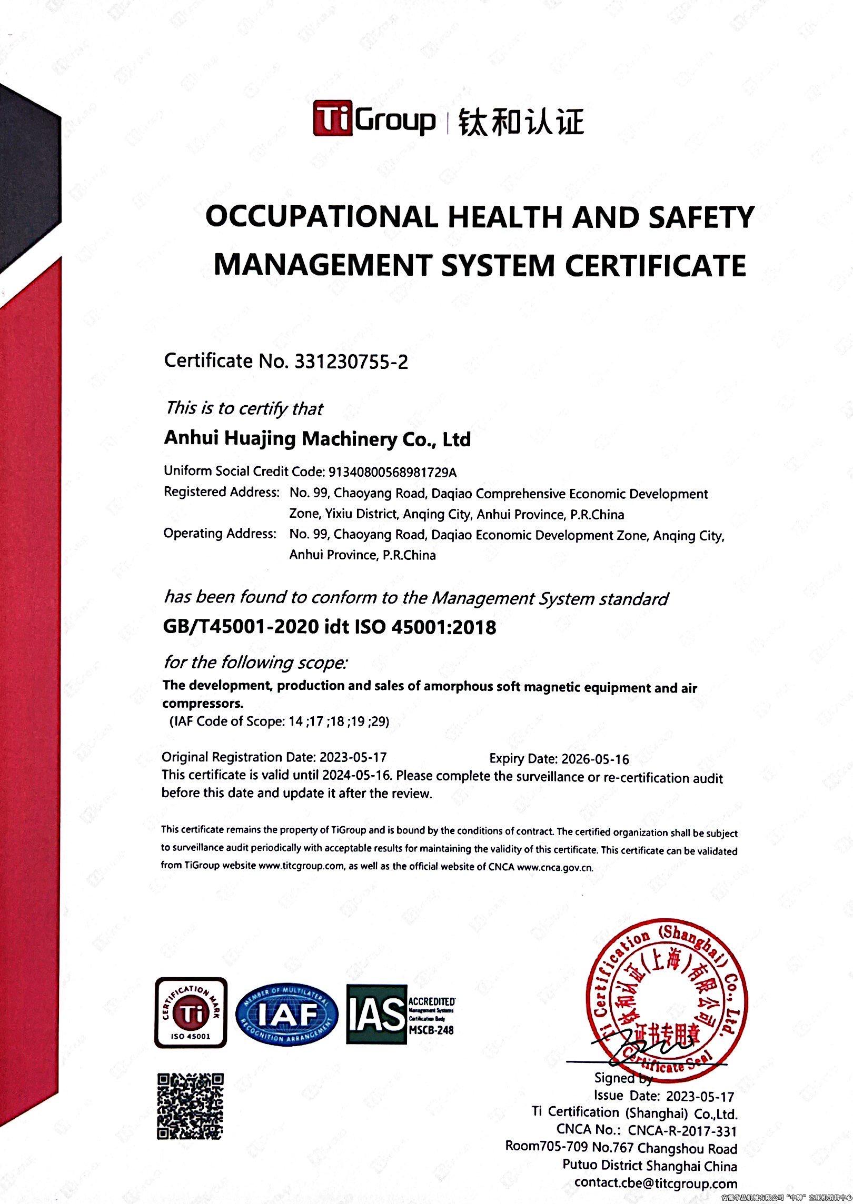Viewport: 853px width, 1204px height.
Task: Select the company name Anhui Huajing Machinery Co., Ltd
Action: pos(317,439)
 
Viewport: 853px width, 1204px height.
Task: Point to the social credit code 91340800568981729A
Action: pos(391,471)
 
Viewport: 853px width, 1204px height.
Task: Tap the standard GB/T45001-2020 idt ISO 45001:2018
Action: pos(330,627)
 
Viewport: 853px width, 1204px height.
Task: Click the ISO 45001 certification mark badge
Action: pos(191,1013)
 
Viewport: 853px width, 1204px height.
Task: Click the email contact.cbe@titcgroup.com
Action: pos(656,1183)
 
